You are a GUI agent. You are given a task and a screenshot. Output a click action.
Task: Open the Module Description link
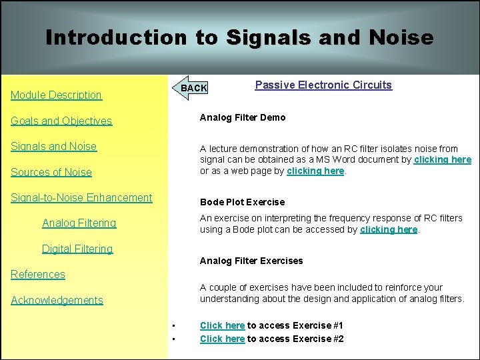56,95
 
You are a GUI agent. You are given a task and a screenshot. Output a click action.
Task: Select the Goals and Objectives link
61,121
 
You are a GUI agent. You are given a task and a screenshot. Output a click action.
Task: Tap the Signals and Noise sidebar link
53,146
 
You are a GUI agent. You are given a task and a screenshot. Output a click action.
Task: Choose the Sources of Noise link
51,172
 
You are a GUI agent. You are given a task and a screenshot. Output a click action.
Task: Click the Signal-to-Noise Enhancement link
81,197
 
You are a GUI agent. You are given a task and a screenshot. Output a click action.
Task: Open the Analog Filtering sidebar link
79,223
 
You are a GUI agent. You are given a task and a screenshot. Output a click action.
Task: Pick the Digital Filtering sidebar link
77,249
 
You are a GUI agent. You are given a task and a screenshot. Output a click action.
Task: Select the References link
38,274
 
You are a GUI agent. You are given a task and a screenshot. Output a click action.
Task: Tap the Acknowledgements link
57,300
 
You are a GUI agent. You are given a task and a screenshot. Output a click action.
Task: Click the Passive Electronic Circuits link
323,85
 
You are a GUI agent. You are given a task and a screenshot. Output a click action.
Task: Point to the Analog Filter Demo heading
243,117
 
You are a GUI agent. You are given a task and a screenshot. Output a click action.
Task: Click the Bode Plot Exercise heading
242,202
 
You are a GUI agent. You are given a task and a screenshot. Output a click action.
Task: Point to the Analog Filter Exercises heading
251,261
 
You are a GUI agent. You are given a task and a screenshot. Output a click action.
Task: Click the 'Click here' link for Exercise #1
222,325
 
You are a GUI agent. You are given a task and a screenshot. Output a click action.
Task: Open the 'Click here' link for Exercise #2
222,339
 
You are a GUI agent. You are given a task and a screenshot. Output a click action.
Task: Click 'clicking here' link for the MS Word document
442,159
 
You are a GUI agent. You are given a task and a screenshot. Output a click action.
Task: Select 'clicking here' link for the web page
315,171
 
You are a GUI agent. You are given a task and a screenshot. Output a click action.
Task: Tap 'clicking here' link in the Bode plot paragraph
389,229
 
